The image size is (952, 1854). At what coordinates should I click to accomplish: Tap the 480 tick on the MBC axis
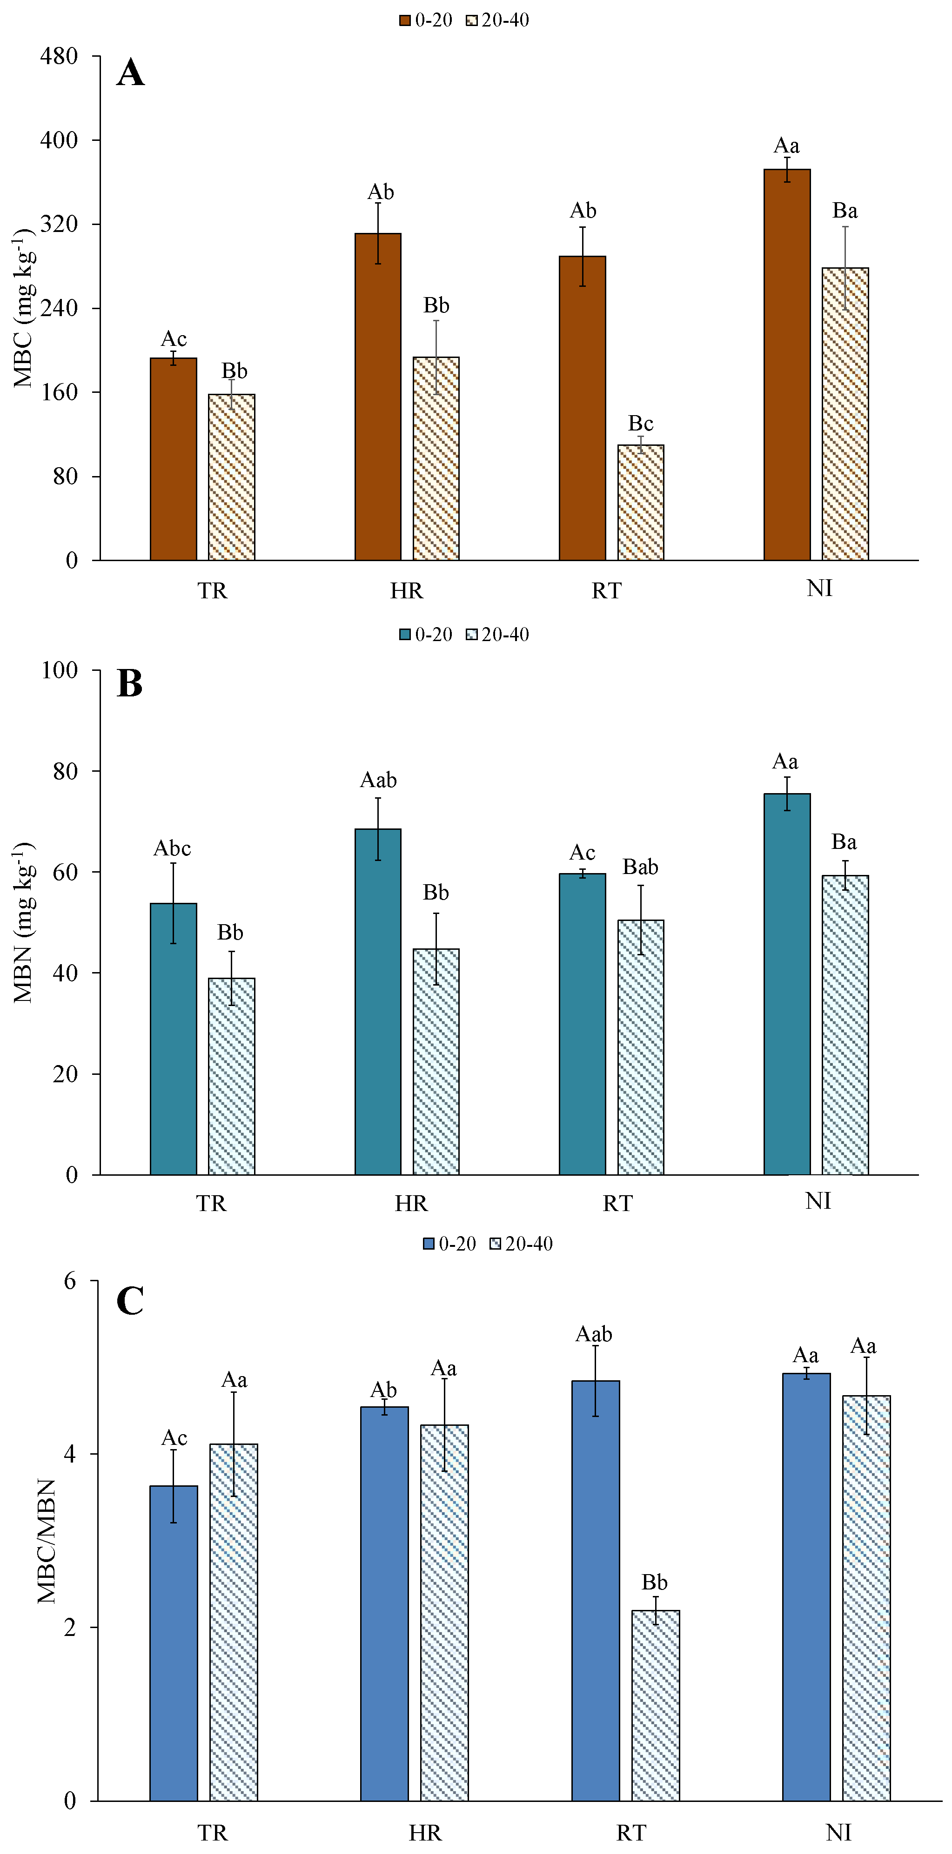(59, 56)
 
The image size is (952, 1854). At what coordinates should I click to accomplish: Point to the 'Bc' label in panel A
(640, 423)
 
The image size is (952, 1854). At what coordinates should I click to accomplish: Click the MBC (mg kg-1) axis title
(23, 308)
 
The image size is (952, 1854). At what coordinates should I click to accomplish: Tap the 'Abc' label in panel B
(172, 848)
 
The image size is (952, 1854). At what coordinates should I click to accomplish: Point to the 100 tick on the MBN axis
(59, 670)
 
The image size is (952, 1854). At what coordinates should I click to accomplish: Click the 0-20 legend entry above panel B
(426, 634)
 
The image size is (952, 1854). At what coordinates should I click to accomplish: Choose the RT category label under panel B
(617, 1203)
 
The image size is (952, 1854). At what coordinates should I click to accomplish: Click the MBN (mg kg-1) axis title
(23, 922)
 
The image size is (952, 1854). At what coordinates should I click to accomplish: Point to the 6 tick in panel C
(70, 1281)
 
